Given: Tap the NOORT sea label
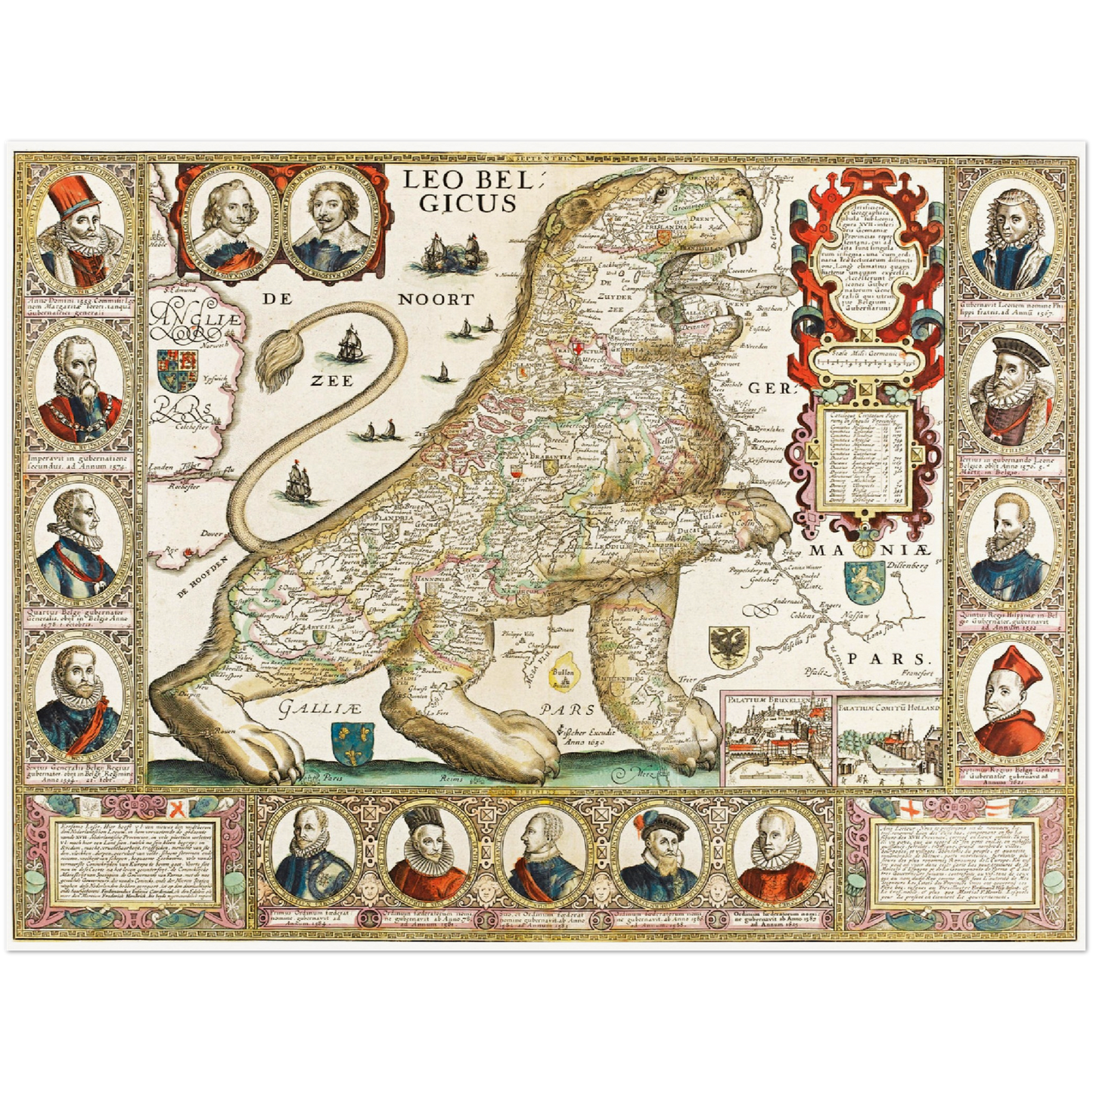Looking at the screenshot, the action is click(436, 300).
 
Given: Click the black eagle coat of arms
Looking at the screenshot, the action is click(728, 644).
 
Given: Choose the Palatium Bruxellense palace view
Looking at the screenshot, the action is click(776, 741).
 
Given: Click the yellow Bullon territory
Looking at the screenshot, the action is click(563, 675).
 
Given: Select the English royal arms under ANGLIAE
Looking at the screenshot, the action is click(179, 368).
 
